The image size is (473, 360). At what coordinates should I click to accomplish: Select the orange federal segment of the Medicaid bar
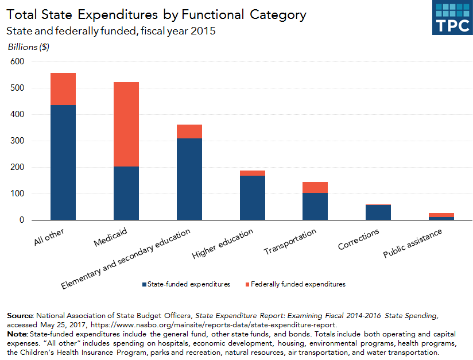click(126, 124)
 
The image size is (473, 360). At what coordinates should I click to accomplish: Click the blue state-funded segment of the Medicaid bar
click(126, 193)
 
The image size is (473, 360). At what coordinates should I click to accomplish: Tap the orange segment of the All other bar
click(63, 89)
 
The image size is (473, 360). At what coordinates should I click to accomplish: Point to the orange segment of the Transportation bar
click(315, 187)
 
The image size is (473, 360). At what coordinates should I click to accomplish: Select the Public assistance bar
click(441, 216)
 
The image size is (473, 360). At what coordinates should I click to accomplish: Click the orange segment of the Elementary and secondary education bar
click(189, 131)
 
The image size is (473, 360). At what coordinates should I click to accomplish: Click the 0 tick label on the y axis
click(23, 220)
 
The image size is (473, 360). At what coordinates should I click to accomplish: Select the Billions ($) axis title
click(28, 47)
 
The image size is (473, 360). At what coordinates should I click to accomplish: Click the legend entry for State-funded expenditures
click(185, 284)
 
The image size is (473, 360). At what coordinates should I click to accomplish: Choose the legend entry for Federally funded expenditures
click(294, 284)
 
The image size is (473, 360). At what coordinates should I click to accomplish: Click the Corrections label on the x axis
click(359, 239)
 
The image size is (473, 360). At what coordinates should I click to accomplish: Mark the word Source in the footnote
click(20, 316)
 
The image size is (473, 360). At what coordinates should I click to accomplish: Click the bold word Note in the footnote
click(17, 334)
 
